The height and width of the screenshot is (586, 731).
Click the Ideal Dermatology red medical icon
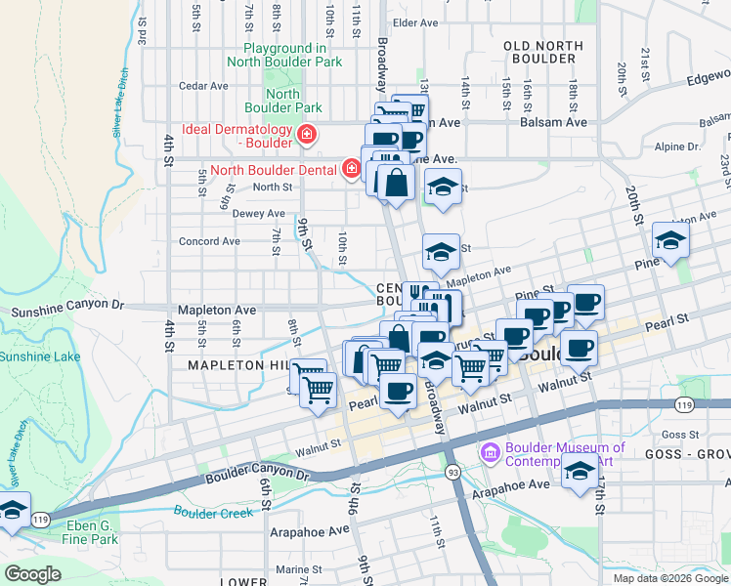(307, 134)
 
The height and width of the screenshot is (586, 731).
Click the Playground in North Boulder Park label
(284, 55)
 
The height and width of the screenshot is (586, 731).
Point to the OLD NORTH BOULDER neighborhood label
(543, 52)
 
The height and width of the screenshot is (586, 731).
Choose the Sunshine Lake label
(39, 356)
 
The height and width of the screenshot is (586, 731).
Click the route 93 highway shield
(452, 472)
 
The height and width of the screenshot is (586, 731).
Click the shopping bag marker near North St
(396, 182)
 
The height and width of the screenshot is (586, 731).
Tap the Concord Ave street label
(209, 241)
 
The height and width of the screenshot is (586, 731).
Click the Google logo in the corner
(32, 574)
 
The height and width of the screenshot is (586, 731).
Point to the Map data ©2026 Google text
(669, 577)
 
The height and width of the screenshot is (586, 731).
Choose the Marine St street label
(299, 569)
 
